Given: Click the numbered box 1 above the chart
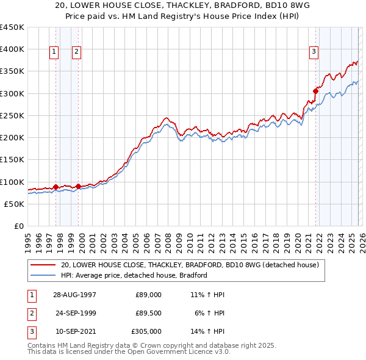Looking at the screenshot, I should (54, 52).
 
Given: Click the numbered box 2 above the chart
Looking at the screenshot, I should (76, 52).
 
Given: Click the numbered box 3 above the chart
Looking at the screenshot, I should (314, 52).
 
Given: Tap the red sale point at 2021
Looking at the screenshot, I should (315, 91).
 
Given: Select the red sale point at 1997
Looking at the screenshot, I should (56, 187).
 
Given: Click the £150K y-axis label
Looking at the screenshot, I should (12, 160).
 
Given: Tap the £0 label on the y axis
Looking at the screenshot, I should (19, 226).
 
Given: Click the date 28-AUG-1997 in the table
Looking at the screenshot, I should (74, 294).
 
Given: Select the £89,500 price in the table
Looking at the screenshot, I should (148, 313).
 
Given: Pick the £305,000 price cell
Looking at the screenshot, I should (147, 331).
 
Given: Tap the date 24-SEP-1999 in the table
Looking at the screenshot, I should (76, 313).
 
